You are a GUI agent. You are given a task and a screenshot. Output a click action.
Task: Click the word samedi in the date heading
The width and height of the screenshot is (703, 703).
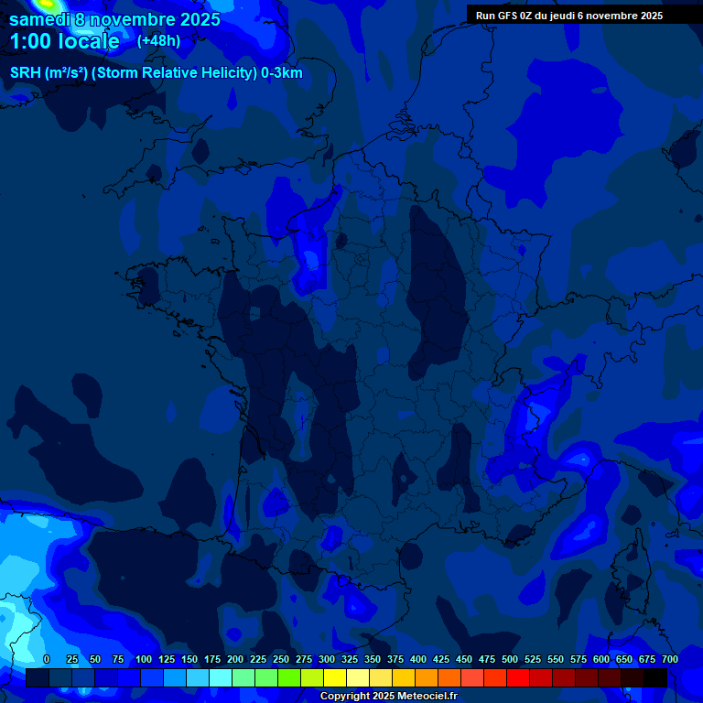point(39,19)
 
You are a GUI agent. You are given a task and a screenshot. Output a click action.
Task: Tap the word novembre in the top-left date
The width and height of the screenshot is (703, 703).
point(134,19)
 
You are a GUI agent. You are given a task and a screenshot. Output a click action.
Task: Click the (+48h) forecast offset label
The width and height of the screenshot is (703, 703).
point(158,41)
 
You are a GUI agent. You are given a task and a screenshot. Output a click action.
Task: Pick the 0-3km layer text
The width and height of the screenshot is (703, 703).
point(282,73)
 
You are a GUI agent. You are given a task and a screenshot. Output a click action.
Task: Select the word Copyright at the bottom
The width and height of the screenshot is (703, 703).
point(345,697)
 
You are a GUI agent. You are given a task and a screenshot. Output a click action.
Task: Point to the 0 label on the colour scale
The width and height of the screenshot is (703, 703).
point(47,659)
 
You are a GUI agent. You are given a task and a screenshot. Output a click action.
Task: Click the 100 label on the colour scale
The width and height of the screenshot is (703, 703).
point(144,659)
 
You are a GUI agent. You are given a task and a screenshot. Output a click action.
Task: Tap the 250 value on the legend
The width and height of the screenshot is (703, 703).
point(281,659)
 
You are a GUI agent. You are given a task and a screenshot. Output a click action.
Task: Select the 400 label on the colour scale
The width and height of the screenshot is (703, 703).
point(418,659)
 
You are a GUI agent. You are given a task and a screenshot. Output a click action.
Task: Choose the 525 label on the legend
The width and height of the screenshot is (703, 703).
point(533,659)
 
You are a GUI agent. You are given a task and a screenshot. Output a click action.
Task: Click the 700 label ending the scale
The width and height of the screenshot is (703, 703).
point(669,659)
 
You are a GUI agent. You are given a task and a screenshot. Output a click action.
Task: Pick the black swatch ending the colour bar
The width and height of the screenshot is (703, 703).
point(654,677)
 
